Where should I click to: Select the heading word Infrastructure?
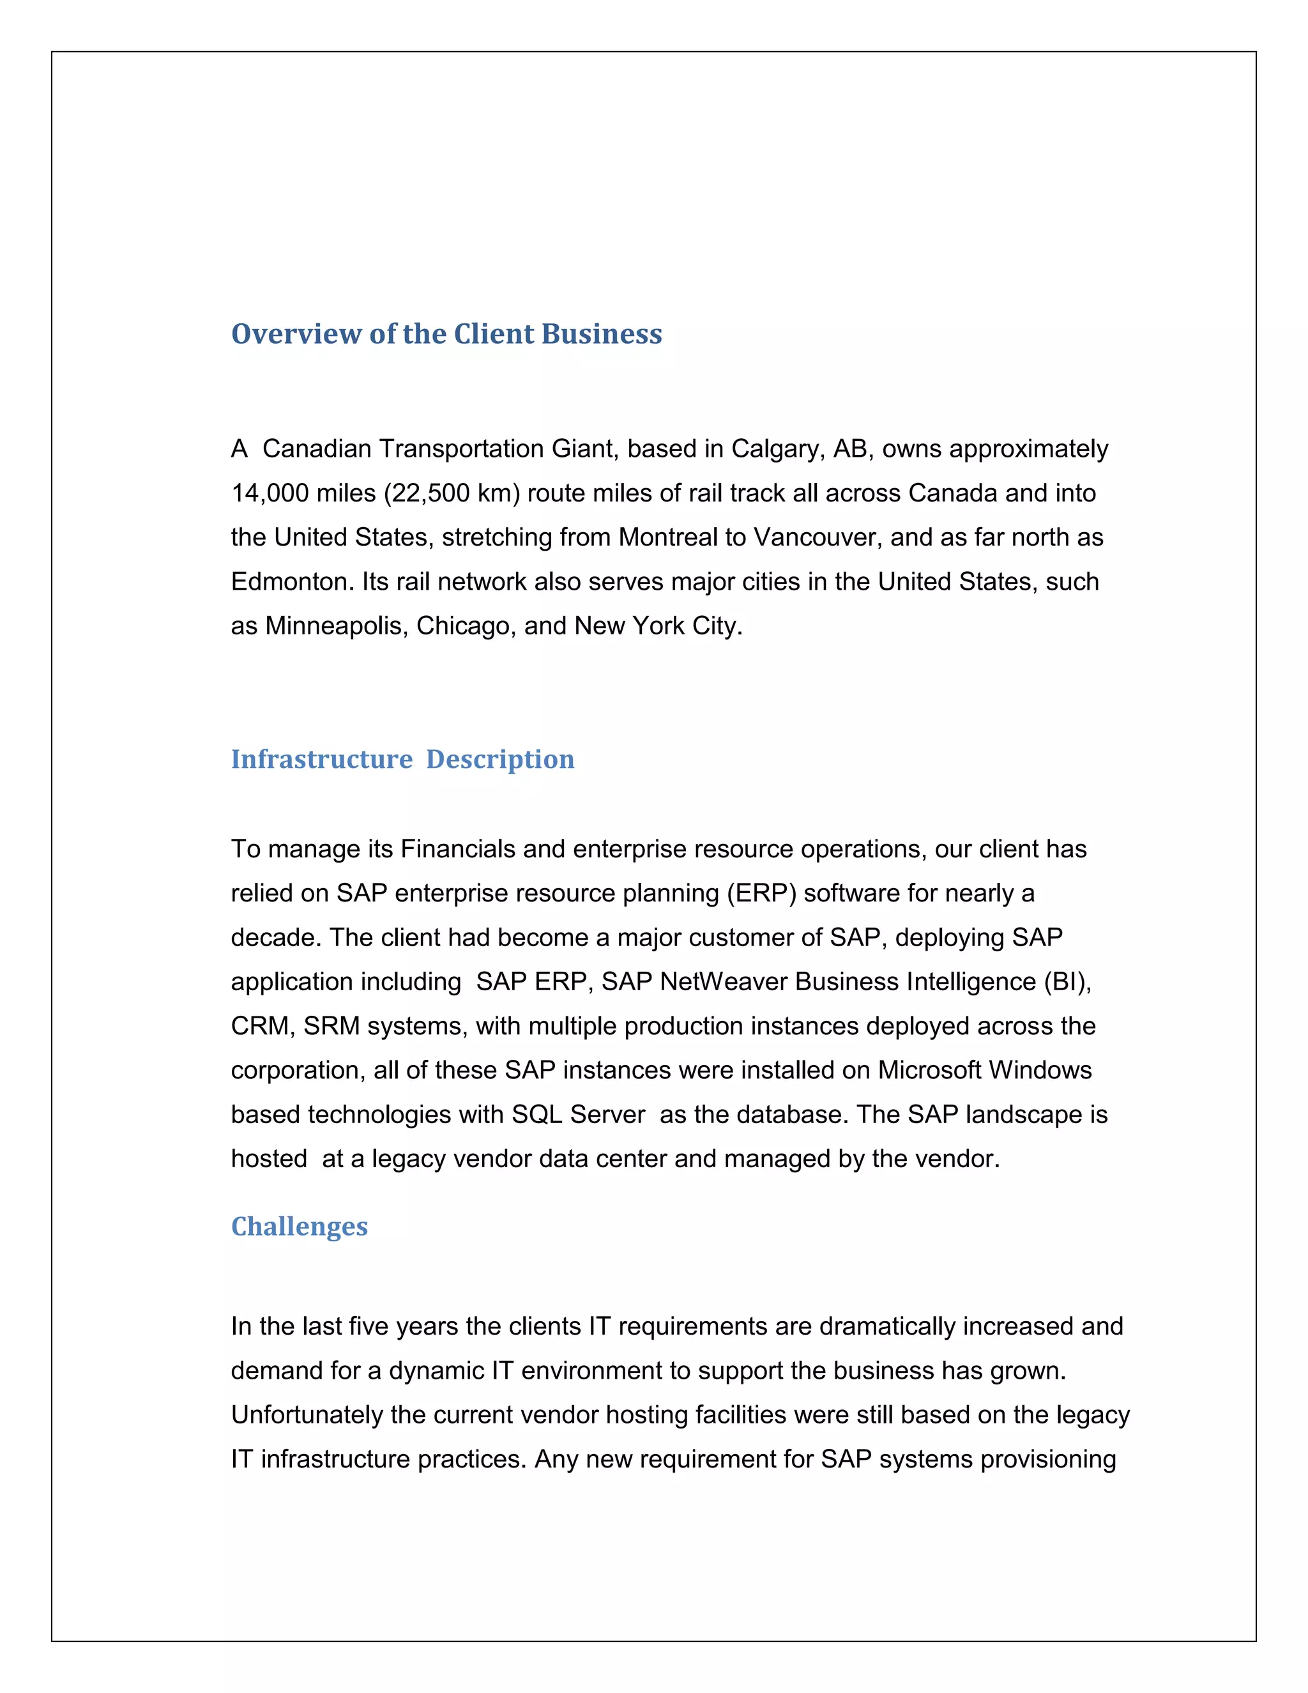pyautogui.click(x=322, y=759)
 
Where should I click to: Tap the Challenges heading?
pyautogui.click(x=299, y=1227)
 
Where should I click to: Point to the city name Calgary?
pyautogui.click(x=778, y=449)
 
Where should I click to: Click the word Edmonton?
pyautogui.click(x=292, y=581)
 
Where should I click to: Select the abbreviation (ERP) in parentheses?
pyautogui.click(x=761, y=893)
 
